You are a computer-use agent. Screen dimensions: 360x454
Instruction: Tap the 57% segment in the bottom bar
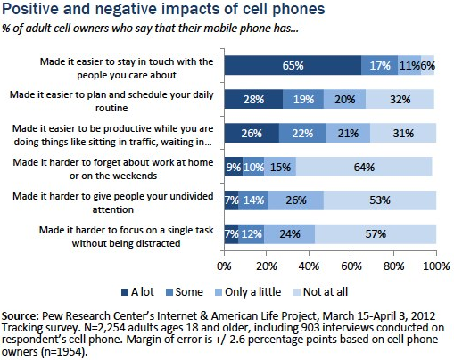pyautogui.click(x=376, y=234)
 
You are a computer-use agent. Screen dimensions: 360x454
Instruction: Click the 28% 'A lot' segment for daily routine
pyautogui.click(x=253, y=99)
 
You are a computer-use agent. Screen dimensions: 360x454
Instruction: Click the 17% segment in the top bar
pyautogui.click(x=380, y=65)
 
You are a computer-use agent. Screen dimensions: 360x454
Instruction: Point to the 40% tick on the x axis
pyautogui.click(x=309, y=266)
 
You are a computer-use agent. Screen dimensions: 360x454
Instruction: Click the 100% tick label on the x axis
pyautogui.click(x=435, y=266)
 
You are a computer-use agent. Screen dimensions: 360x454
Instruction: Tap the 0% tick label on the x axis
pyautogui.click(x=225, y=266)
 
